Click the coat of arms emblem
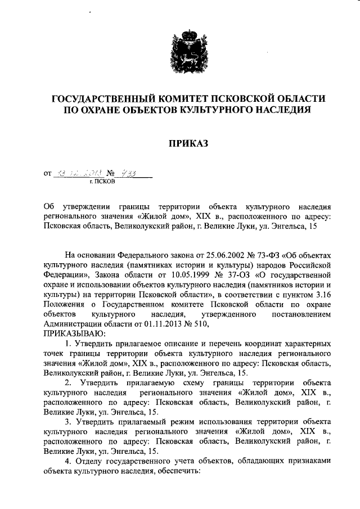point(179,49)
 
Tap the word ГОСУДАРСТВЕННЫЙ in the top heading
point(104,99)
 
